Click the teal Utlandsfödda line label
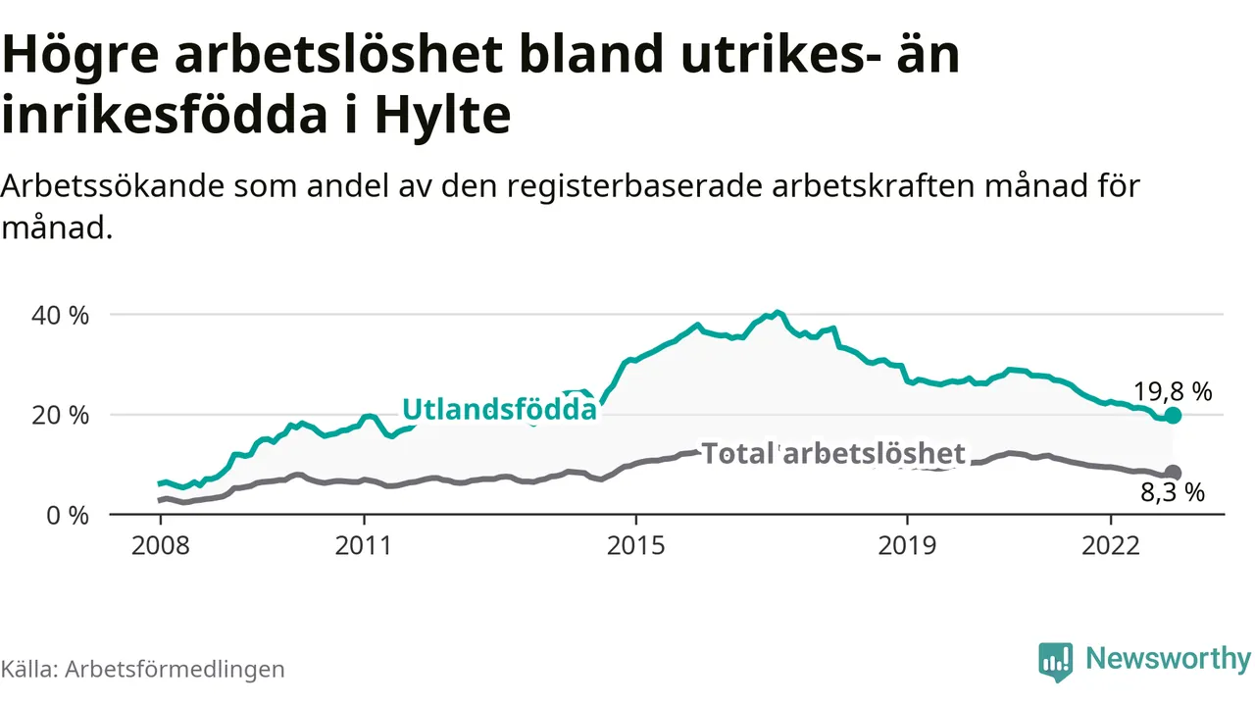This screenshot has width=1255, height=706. (500, 409)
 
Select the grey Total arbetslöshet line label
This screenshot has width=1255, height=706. (833, 453)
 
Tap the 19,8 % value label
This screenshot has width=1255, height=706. (1174, 392)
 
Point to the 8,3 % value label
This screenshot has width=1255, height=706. (1172, 493)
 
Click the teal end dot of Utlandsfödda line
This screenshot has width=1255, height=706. (1173, 416)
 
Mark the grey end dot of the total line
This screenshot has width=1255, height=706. (1173, 473)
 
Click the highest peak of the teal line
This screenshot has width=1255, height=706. (778, 313)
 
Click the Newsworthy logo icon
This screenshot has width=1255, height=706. (1055, 661)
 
